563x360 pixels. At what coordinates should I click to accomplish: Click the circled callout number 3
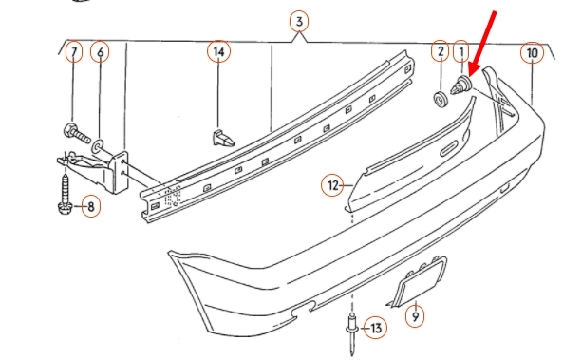299,22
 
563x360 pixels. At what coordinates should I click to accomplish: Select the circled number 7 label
74,51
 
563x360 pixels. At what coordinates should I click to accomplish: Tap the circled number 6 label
101,52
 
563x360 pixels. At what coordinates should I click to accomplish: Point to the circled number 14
218,51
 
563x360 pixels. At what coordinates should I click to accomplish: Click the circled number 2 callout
441,51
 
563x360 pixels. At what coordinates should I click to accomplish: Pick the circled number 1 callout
461,51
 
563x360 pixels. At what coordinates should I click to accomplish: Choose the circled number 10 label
532,53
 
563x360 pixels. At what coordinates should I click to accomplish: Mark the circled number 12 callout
333,185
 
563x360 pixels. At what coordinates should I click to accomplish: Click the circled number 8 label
91,206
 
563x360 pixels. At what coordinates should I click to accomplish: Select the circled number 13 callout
376,328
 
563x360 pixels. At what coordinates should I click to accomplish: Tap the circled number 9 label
415,316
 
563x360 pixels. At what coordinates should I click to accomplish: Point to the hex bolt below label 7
77,133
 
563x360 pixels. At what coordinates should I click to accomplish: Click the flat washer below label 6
98,146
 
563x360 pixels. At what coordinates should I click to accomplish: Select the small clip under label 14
222,139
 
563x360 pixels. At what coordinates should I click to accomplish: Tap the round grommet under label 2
441,100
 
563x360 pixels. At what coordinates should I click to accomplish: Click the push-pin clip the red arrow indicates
461,85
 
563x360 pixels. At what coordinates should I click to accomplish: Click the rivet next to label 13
352,332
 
